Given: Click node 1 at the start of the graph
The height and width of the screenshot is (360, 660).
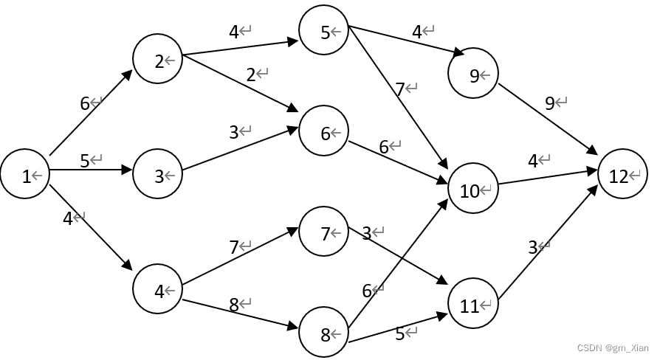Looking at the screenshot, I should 25,176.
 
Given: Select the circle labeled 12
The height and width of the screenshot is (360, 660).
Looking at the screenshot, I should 622,176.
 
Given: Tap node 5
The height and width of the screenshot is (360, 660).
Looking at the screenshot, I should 323,31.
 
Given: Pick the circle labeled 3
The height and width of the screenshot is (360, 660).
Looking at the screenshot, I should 157,176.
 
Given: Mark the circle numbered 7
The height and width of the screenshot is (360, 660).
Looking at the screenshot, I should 323,233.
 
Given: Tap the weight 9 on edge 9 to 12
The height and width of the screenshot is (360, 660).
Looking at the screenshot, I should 549,103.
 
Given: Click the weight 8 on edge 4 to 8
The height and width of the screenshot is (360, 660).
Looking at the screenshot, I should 234,304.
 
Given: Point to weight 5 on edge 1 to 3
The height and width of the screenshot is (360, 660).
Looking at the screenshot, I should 85,160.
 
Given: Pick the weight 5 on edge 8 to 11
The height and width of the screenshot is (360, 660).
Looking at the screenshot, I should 399,333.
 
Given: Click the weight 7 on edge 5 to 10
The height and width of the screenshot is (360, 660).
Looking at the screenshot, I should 400,89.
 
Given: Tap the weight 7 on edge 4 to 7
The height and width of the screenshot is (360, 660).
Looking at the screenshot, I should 234,247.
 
